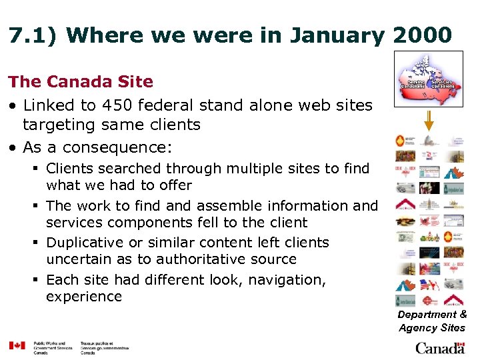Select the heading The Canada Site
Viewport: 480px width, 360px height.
[81, 82]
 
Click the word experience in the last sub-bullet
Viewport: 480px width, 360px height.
[84, 297]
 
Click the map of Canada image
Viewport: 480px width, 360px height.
[428, 79]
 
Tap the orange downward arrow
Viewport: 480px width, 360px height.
[429, 120]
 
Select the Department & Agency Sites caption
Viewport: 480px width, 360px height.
[432, 321]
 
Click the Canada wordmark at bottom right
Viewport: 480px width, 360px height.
[440, 347]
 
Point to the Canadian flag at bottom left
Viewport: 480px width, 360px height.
[17, 345]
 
